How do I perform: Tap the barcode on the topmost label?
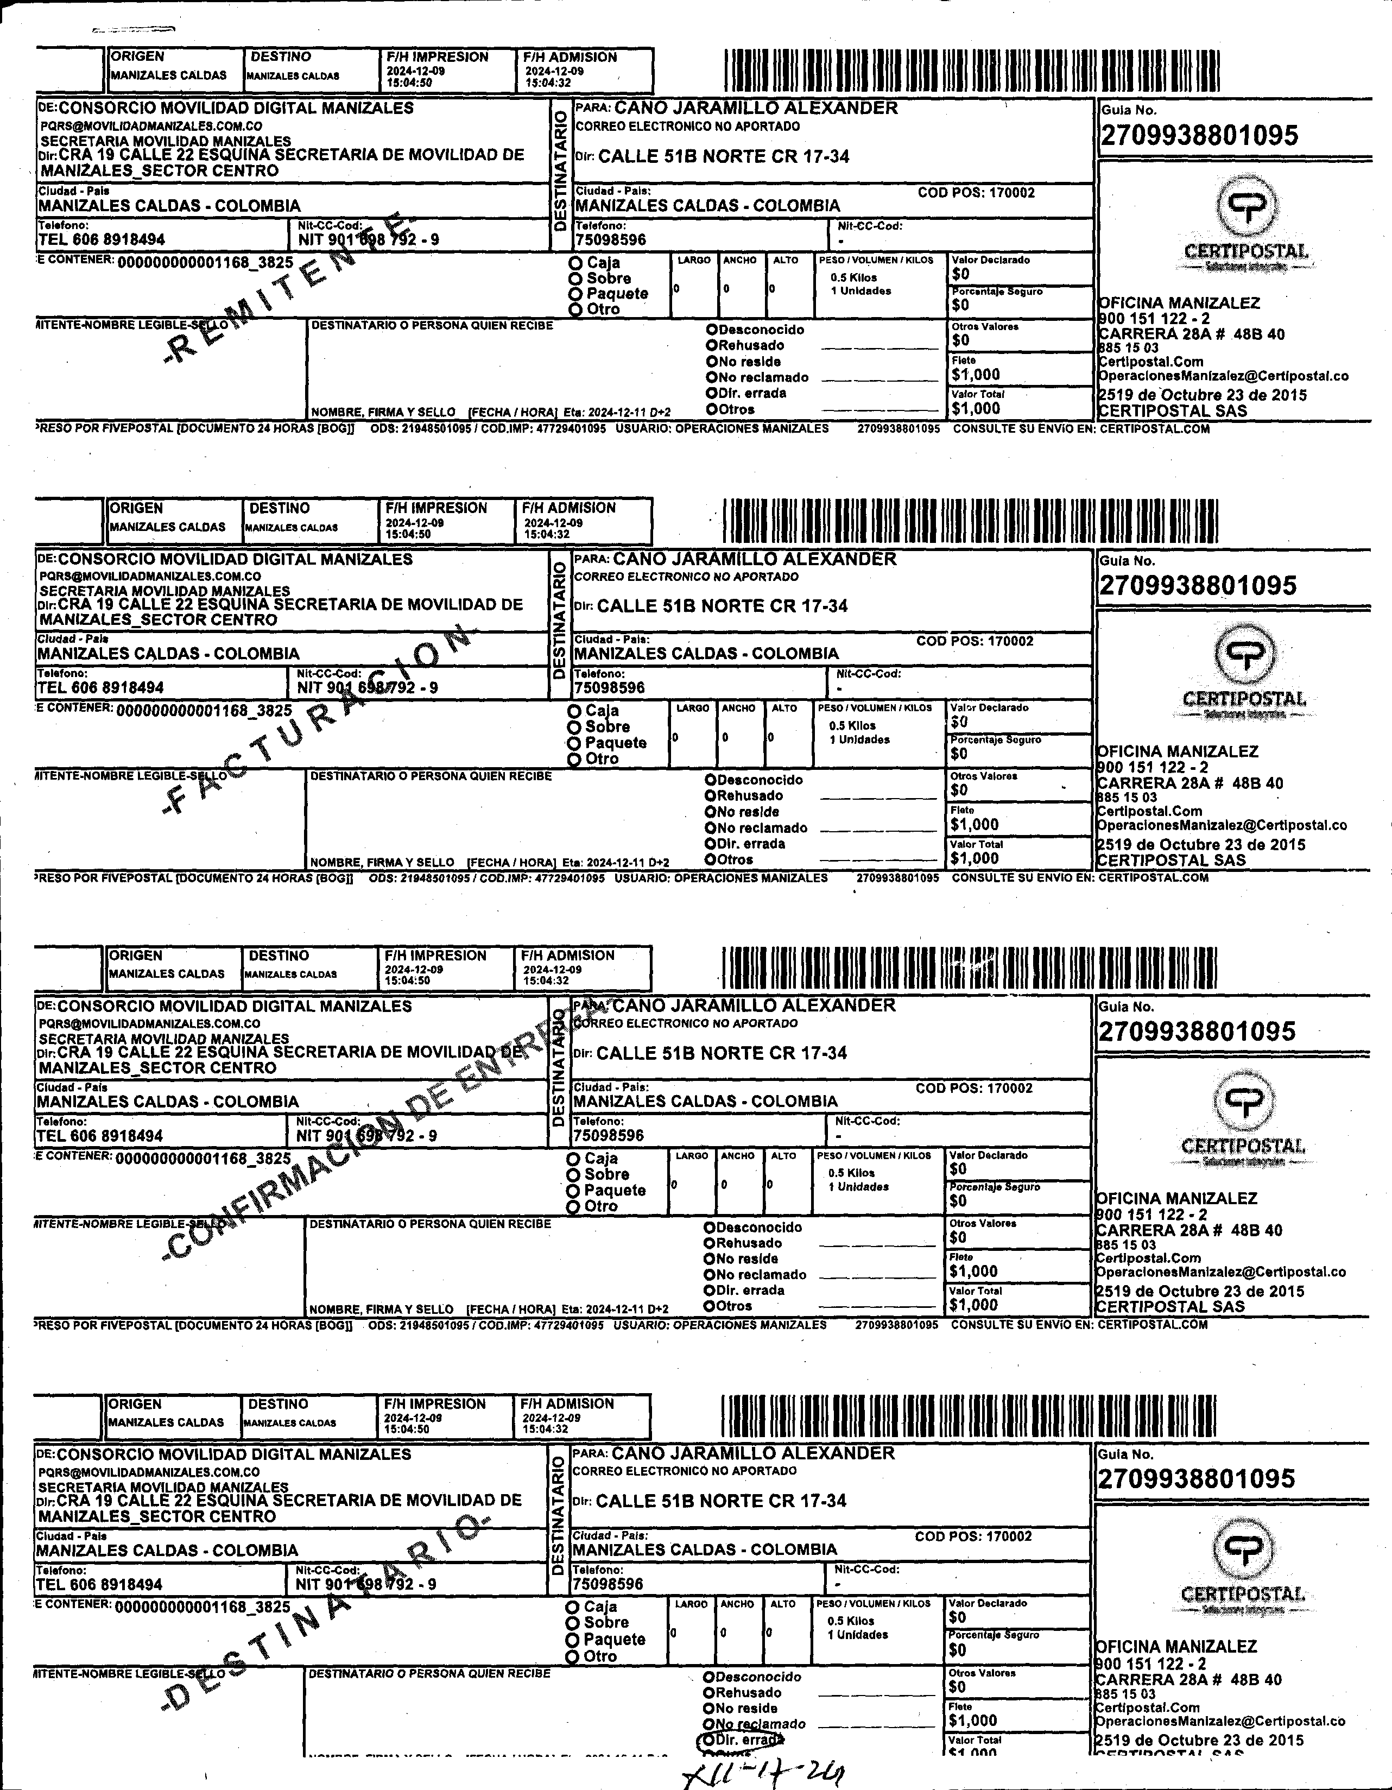point(971,71)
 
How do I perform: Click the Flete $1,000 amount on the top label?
point(976,375)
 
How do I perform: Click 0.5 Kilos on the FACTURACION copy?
point(852,725)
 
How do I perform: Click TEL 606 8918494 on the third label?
point(100,1136)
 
